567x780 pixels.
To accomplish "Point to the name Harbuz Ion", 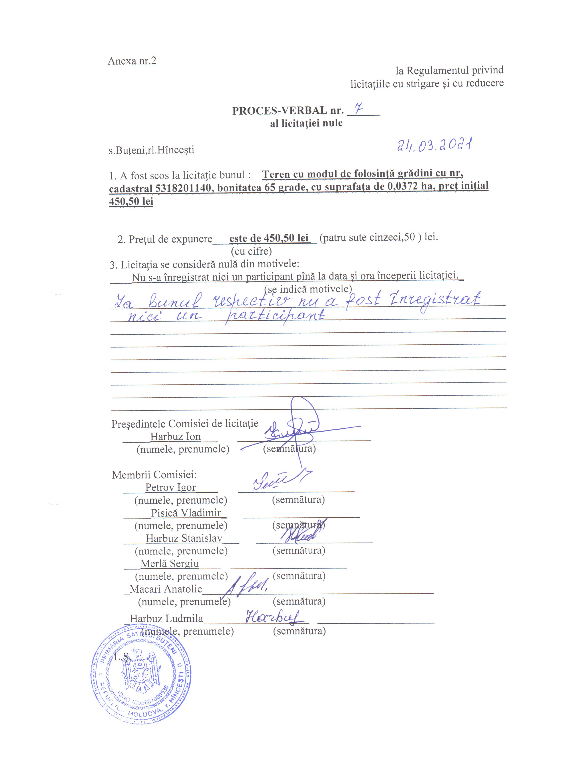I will coord(175,436).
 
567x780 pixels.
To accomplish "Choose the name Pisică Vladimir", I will coord(186,513).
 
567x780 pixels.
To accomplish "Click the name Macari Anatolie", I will coord(166,589).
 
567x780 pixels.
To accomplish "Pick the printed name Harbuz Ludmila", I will coord(166,618).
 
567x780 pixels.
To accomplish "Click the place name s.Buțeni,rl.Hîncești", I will coord(151,150).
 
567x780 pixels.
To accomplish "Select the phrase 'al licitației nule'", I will coord(306,123).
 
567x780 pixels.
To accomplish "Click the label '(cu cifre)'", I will coord(251,251).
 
